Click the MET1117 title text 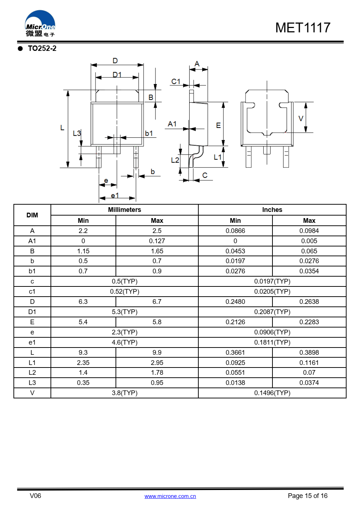303,28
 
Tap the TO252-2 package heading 42,48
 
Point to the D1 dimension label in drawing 117,75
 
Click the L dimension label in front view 62,128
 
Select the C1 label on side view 176,81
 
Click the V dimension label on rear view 300,119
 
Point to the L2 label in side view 175,160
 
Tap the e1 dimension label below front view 115,196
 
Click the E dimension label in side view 218,125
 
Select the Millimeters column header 124,210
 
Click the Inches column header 272,210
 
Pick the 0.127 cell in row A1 157,241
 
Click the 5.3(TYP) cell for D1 124,312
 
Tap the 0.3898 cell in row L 309,353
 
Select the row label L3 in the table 32,383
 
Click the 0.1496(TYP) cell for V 272,393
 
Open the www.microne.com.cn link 170,496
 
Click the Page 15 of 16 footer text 307,496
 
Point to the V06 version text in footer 35,496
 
